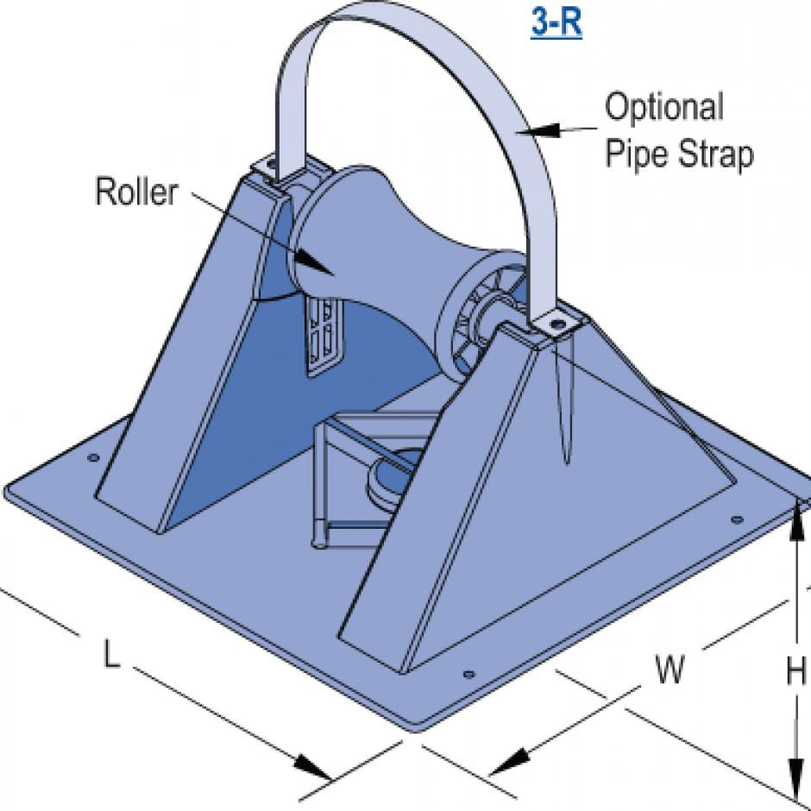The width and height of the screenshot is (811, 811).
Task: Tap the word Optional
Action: click(x=663, y=109)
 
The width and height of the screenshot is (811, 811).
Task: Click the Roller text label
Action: click(x=135, y=192)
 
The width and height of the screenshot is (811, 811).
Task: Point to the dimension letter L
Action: click(x=111, y=656)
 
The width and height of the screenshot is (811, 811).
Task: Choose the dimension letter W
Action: click(x=670, y=670)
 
